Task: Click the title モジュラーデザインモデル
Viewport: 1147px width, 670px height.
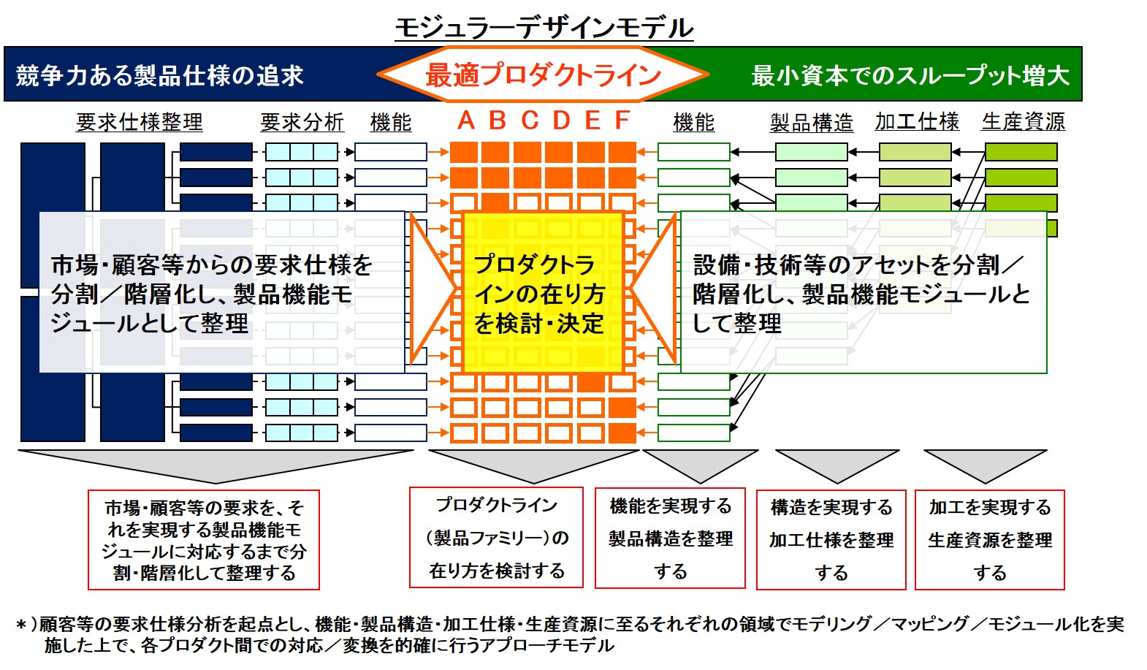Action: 544,28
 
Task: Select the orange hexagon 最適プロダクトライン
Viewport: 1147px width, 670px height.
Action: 544,75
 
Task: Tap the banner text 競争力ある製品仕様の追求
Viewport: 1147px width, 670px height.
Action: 160,75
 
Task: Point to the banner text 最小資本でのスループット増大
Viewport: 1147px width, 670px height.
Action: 910,75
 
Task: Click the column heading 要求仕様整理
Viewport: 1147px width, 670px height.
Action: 140,122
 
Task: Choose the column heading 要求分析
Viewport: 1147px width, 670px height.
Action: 302,122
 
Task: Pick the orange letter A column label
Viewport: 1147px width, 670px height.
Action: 466,121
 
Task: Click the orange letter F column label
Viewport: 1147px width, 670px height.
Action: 622,121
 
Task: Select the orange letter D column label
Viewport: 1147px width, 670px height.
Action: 561,121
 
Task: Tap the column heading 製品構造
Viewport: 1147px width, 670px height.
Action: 812,123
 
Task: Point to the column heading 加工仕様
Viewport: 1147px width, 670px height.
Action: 917,121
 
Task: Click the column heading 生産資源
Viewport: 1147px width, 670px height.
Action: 1024,121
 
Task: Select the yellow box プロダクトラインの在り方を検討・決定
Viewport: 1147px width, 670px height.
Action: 544,292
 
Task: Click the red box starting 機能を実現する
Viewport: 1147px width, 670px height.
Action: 670,538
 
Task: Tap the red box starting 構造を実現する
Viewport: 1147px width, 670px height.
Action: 831,540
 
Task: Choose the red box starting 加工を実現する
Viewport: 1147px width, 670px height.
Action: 990,540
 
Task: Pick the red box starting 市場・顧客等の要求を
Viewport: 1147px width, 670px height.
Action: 204,540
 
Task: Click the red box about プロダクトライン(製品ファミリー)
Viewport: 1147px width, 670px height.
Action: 496,537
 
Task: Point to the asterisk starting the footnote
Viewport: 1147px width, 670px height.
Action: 21,625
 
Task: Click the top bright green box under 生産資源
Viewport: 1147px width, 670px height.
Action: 1021,152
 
